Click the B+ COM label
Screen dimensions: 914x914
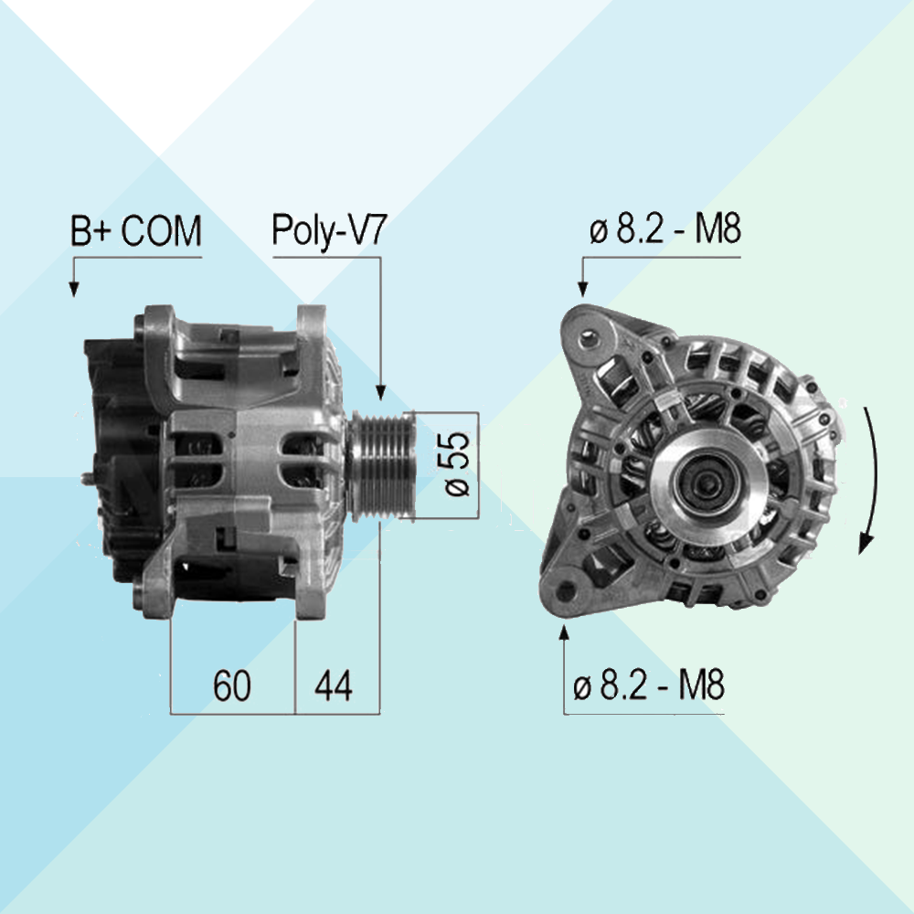pyautogui.click(x=136, y=231)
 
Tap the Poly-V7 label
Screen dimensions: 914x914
pyautogui.click(x=329, y=230)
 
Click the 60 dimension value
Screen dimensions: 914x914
pyautogui.click(x=231, y=685)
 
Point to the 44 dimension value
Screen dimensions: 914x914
pyautogui.click(x=334, y=685)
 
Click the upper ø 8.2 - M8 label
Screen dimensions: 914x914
pyautogui.click(x=665, y=229)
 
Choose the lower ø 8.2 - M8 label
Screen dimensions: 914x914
pyautogui.click(x=649, y=685)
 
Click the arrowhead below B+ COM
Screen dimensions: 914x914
pyautogui.click(x=73, y=289)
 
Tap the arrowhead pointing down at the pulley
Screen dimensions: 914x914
pyautogui.click(x=380, y=392)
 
